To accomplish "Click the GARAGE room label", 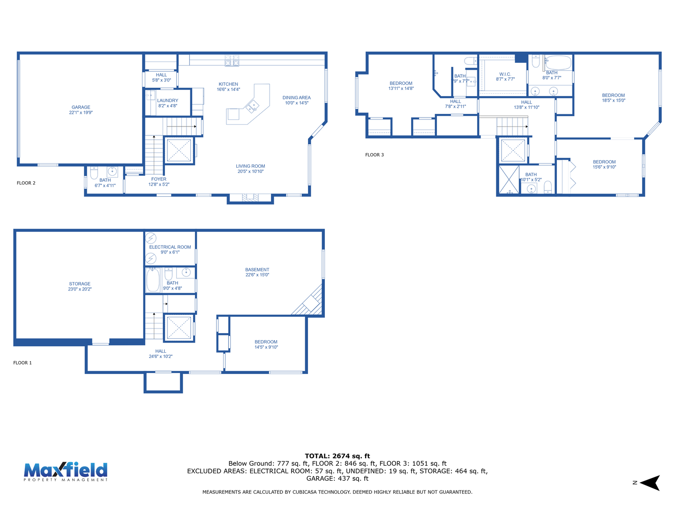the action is click(81, 107).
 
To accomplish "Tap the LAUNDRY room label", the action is click(168, 100).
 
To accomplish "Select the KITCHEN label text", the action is click(228, 84).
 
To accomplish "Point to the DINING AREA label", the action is click(296, 98).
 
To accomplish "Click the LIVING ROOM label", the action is click(250, 166).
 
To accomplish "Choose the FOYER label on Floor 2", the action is click(159, 179).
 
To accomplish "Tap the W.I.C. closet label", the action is click(505, 74).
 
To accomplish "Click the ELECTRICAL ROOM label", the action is click(170, 247).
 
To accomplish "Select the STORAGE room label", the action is click(80, 284).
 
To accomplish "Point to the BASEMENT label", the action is click(257, 270).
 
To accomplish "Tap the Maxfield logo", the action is click(66, 471).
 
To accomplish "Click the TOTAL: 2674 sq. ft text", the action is click(337, 456).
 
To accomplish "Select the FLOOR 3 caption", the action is click(374, 155).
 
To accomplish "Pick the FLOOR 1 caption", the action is click(22, 363).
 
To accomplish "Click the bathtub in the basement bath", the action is click(153, 280).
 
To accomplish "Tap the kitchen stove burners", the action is click(232, 60).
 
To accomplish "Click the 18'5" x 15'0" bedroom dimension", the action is click(614, 100).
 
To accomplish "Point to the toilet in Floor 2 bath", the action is click(94, 172).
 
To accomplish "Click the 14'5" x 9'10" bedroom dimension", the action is click(266, 347).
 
